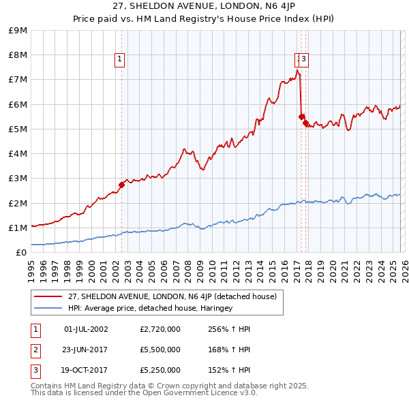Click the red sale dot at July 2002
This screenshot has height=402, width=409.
coord(121,185)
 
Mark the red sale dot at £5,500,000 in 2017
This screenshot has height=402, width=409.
coord(301,117)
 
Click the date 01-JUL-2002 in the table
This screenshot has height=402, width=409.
coord(86,329)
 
